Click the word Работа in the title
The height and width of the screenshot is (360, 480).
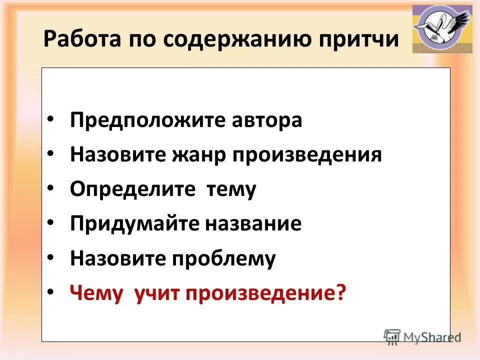(x=76, y=39)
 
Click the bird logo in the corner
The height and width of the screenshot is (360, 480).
(x=442, y=29)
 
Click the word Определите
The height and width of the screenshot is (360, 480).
(x=131, y=190)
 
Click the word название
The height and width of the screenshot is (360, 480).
(x=253, y=224)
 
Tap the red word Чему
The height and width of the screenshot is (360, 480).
(x=96, y=293)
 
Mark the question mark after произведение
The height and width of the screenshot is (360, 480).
(x=340, y=293)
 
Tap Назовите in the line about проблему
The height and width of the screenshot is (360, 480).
(x=117, y=258)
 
